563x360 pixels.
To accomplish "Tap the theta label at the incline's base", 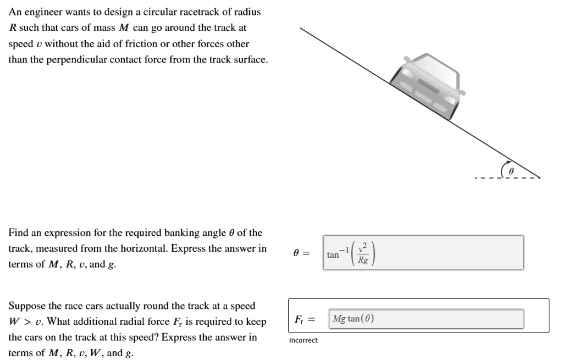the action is [x=511, y=171].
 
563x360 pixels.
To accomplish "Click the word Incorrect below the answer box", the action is [x=303, y=341].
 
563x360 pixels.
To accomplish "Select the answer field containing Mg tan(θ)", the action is [x=426, y=319].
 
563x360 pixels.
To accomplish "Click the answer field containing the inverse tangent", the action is [x=423, y=253].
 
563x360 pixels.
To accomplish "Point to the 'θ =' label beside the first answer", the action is [x=301, y=253].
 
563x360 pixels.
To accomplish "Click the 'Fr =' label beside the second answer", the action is [x=304, y=319].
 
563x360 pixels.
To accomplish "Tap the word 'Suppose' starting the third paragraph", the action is [x=26, y=306].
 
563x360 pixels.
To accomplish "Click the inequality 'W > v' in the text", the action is [x=27, y=322].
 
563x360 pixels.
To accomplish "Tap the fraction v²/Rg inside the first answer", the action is [x=363, y=254].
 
